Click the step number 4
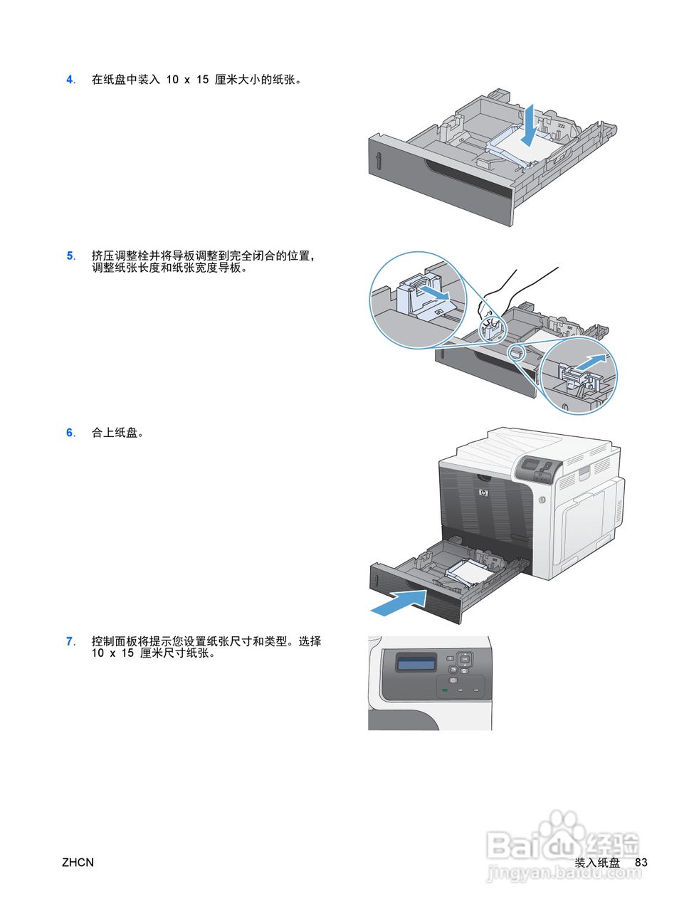(70, 80)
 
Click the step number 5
(70, 256)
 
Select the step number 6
(70, 433)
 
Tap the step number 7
(70, 641)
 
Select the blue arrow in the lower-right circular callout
(591, 361)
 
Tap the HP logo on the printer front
(484, 494)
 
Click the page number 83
(641, 863)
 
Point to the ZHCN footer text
(78, 863)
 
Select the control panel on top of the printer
(538, 468)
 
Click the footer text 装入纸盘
(596, 863)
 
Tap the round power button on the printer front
(541, 500)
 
